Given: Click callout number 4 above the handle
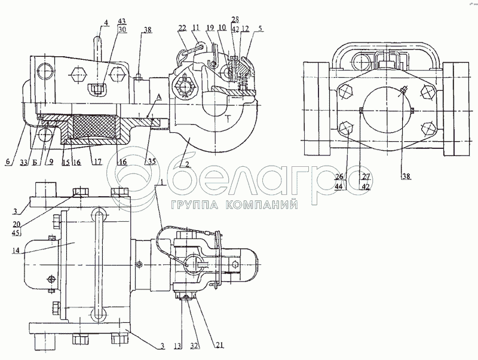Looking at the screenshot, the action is [105, 23].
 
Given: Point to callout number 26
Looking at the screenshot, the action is [339, 178].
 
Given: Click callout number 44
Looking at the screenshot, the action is [339, 187].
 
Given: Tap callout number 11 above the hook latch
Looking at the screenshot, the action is [197, 28].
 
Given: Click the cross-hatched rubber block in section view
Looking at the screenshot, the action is [93, 128].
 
